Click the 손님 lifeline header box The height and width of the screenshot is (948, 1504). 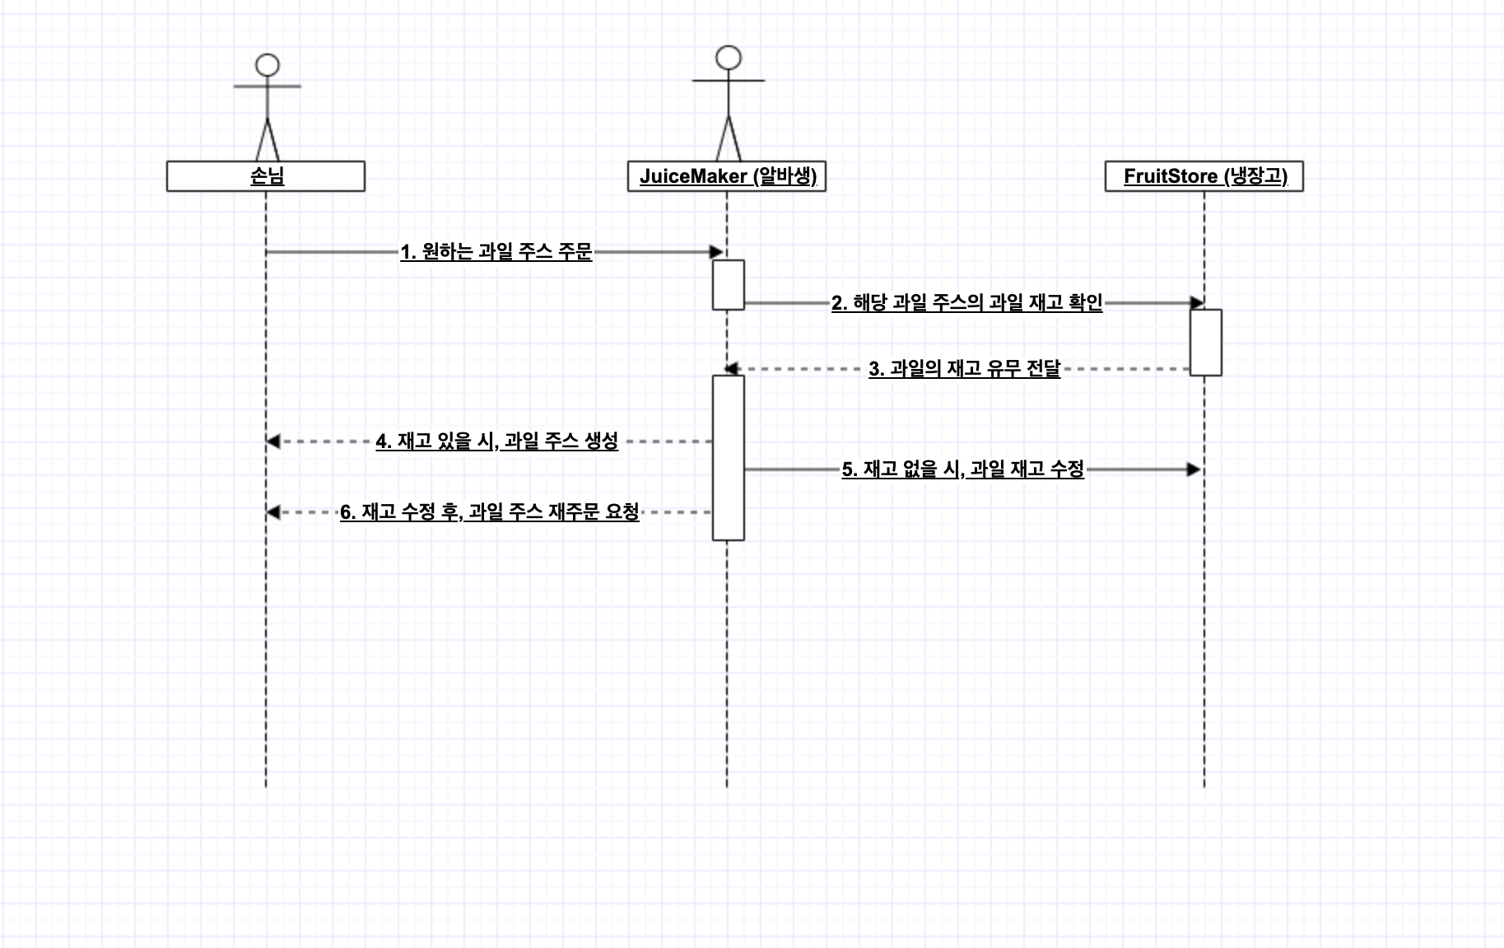(x=266, y=176)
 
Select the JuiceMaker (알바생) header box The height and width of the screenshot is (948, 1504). (x=727, y=176)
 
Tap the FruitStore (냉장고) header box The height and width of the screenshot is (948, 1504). (x=1204, y=176)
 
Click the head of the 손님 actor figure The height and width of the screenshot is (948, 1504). (x=268, y=65)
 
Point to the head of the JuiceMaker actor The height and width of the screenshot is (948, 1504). (x=729, y=58)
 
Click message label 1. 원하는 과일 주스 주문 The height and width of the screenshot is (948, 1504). (x=496, y=252)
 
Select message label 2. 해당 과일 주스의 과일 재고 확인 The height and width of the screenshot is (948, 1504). (x=966, y=303)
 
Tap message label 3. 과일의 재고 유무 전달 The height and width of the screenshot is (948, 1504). (x=965, y=369)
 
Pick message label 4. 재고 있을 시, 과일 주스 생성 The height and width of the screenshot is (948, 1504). (x=497, y=441)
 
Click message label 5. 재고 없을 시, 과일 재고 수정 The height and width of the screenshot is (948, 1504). (x=963, y=469)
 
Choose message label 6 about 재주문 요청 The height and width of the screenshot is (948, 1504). (x=490, y=512)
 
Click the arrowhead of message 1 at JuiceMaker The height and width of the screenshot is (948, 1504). (x=717, y=252)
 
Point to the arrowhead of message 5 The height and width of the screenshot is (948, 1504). (x=1194, y=469)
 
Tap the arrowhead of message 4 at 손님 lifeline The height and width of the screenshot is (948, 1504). (x=273, y=441)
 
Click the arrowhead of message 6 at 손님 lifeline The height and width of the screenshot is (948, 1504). (x=273, y=512)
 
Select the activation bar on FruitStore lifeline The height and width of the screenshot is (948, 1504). (x=1206, y=343)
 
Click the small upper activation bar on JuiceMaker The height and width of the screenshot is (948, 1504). (x=729, y=285)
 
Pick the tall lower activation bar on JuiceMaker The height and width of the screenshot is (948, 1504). (x=729, y=458)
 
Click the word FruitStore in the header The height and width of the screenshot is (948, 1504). (x=1171, y=176)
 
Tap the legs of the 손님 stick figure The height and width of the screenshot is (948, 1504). (x=268, y=140)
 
